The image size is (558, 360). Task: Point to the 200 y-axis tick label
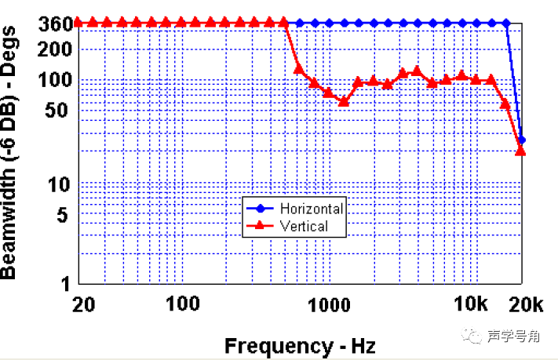pos(57,49)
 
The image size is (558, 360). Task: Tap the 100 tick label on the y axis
pos(57,80)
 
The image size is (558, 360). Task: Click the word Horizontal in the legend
pos(311,209)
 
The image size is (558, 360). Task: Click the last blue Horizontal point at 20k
pos(521,140)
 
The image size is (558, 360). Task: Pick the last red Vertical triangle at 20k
pos(520,150)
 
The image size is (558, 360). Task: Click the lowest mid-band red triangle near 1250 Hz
pos(343,101)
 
